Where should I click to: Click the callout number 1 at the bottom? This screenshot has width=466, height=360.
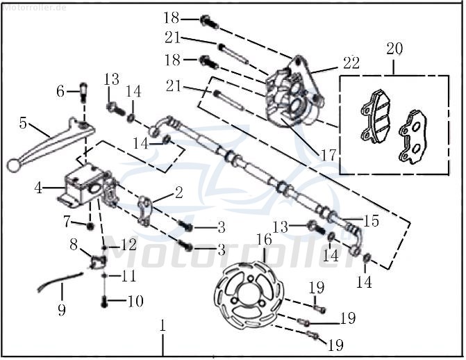pyautogui.click(x=163, y=325)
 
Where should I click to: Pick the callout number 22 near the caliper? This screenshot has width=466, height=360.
pyautogui.click(x=350, y=63)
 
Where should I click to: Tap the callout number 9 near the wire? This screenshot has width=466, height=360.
pyautogui.click(x=62, y=308)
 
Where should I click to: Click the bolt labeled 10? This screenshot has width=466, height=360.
pyautogui.click(x=104, y=302)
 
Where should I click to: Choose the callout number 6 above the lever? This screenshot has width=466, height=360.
pyautogui.click(x=60, y=91)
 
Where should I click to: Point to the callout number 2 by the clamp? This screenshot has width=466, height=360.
pyautogui.click(x=178, y=193)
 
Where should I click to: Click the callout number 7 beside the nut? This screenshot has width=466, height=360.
pyautogui.click(x=67, y=223)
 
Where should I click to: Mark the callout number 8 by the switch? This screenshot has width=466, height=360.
pyautogui.click(x=74, y=244)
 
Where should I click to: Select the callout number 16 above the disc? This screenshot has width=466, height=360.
pyautogui.click(x=265, y=240)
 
